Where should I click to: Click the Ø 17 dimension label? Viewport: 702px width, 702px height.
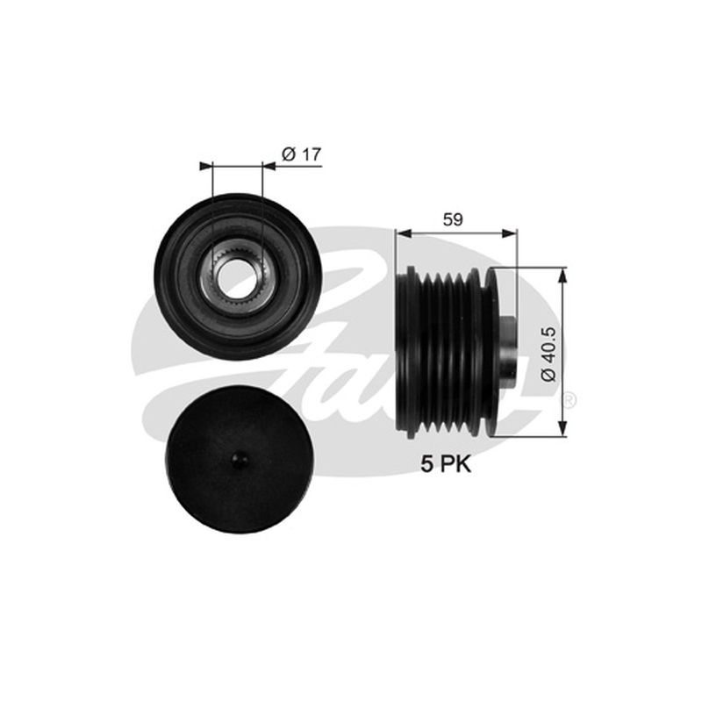301,154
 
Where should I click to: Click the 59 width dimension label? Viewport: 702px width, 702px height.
453,220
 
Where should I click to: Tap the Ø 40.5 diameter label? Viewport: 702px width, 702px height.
548,355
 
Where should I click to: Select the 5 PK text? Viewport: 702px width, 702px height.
446,464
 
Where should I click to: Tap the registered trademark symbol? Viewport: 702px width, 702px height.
569,399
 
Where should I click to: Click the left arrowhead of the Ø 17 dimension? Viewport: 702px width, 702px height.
205,166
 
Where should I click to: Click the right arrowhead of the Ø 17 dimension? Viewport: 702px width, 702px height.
269,166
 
